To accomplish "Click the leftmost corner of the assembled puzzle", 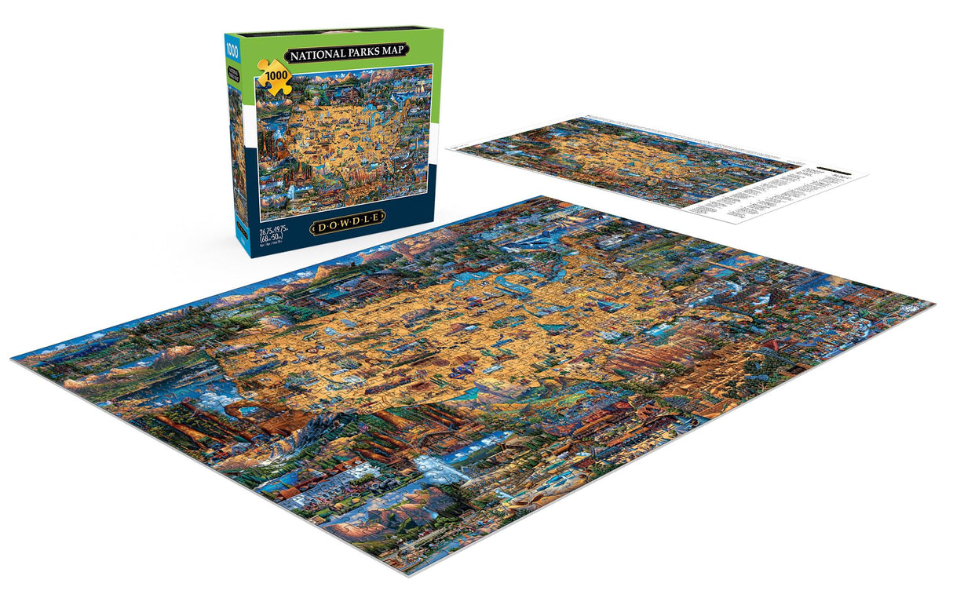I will click(x=13, y=357).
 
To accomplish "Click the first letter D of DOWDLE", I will click(x=318, y=228).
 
